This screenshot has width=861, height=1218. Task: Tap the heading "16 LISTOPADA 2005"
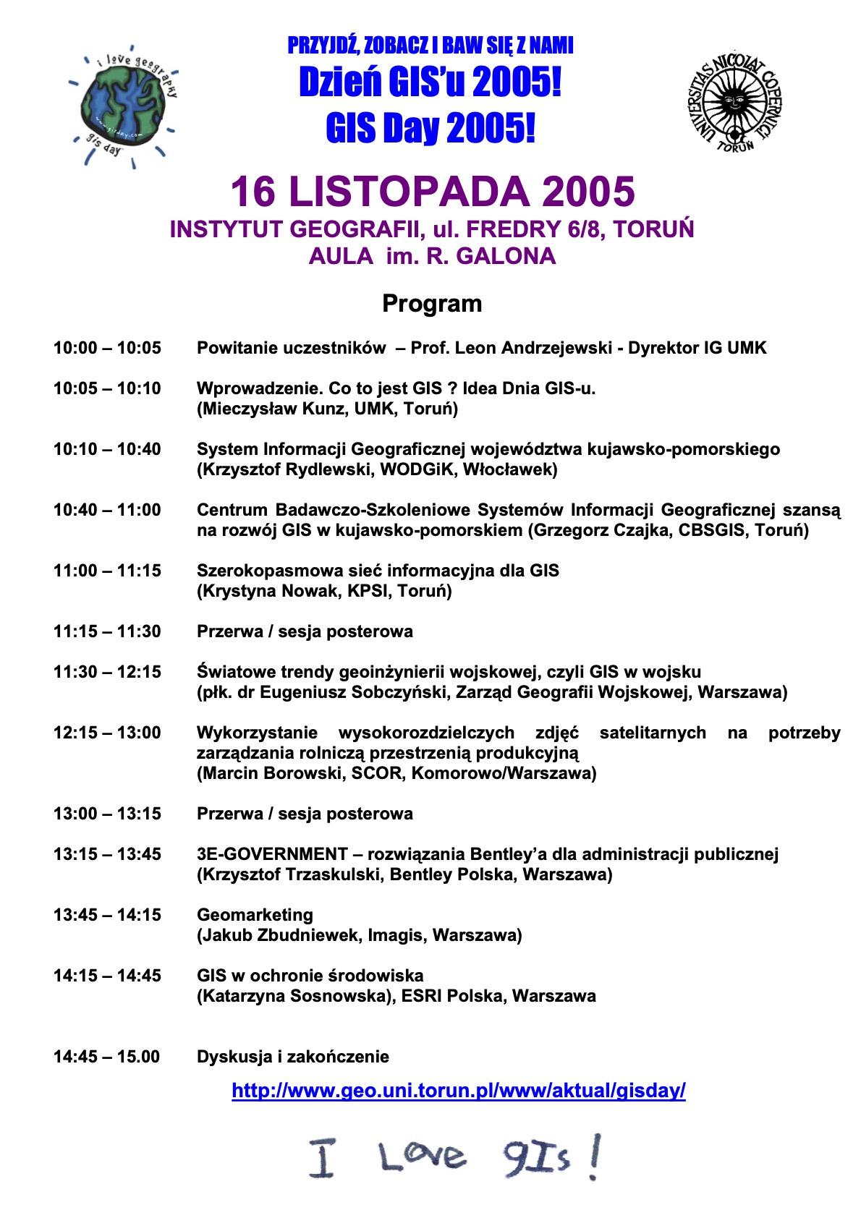tap(432, 192)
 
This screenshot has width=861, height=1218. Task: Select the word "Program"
tap(432, 304)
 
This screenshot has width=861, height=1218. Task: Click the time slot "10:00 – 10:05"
tap(107, 348)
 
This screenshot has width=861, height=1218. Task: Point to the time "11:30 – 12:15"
tap(107, 672)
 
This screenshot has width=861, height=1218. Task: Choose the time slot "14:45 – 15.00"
tap(106, 1057)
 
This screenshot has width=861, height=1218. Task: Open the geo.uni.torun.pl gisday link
tap(458, 1091)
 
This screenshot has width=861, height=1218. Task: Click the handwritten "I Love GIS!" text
tap(454, 1156)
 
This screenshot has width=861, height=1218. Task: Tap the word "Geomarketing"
tap(255, 915)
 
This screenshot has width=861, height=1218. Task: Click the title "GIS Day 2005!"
tap(430, 129)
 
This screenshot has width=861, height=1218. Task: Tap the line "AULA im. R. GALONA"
tap(432, 256)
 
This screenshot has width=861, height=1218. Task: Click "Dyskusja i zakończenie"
tap(292, 1057)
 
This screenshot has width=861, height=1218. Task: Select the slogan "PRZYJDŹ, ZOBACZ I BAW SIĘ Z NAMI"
tap(430, 46)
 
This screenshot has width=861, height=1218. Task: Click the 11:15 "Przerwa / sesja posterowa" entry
tap(305, 631)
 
